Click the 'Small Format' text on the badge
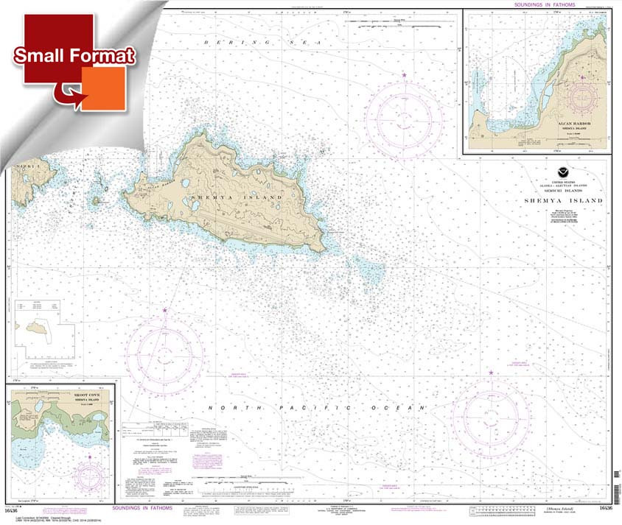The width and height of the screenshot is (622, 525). tap(74, 56)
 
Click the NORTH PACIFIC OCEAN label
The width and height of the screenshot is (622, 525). tap(317, 408)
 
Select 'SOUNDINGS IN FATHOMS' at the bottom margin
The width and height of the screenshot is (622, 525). tap(144, 508)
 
